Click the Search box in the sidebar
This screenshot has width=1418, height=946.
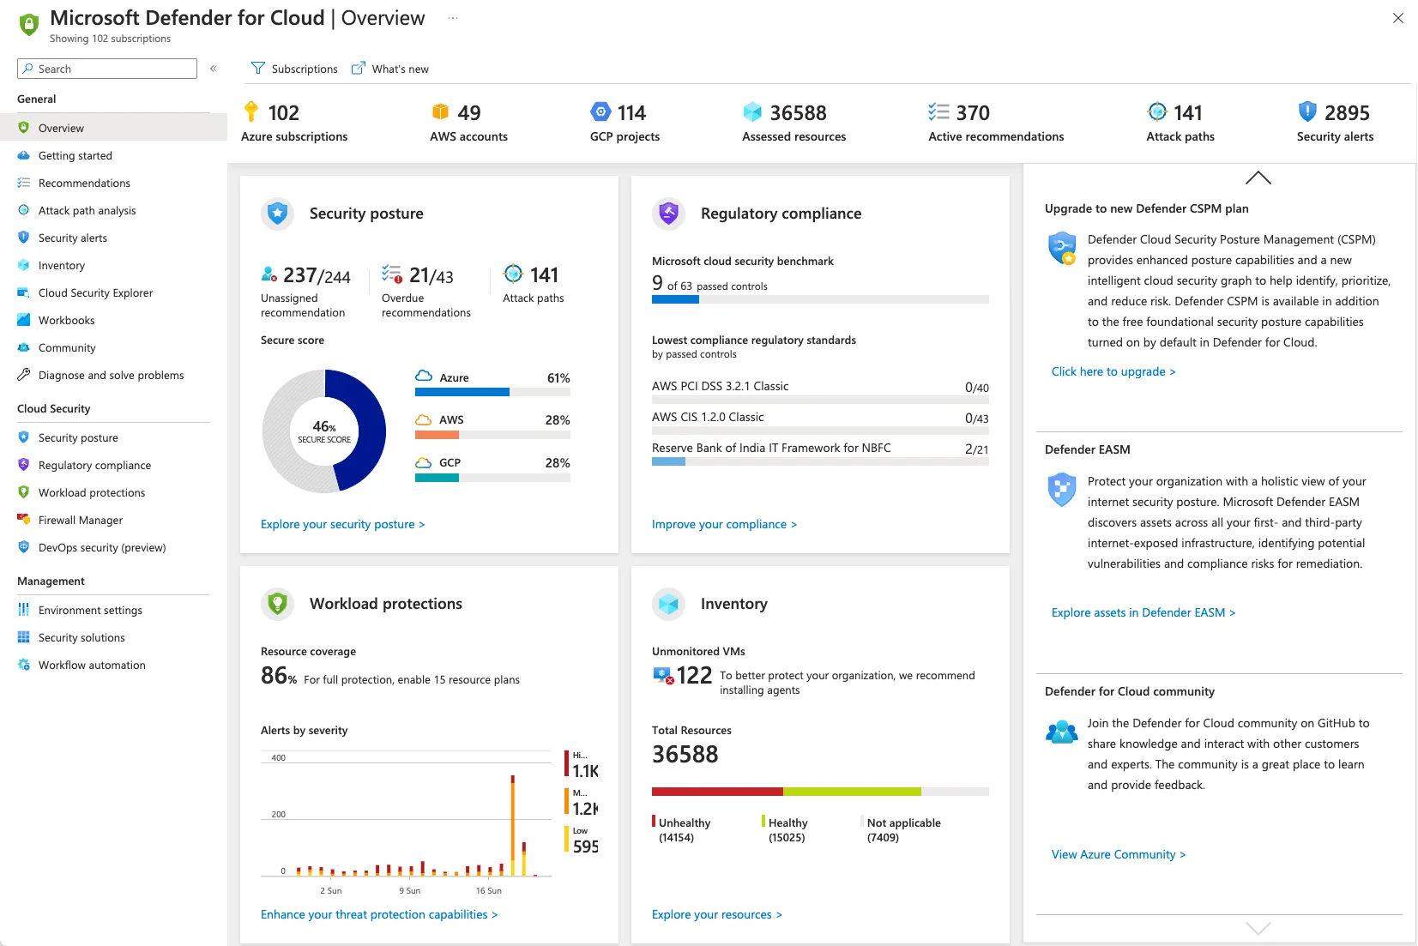pyautogui.click(x=107, y=69)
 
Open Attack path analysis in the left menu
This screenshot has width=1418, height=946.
pyautogui.click(x=87, y=210)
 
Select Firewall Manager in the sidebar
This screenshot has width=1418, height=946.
pyautogui.click(x=80, y=520)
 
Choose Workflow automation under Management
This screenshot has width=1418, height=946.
pyautogui.click(x=91, y=665)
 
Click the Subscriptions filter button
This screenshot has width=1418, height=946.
pyautogui.click(x=294, y=69)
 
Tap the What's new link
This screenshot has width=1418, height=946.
pyautogui.click(x=390, y=69)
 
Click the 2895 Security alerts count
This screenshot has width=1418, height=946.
pyautogui.click(x=1346, y=113)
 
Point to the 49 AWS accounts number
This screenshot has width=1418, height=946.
pyautogui.click(x=468, y=113)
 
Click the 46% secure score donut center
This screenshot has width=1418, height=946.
pyautogui.click(x=324, y=431)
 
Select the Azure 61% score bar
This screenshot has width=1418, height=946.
pyautogui.click(x=492, y=392)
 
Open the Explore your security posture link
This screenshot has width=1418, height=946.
pyautogui.click(x=342, y=524)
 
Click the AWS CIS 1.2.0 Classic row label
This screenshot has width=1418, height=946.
pyautogui.click(x=708, y=417)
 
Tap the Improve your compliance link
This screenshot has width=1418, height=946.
pyautogui.click(x=724, y=524)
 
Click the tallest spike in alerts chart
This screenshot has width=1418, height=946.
pyautogui.click(x=513, y=823)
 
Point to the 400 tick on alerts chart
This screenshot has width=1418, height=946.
pyautogui.click(x=279, y=758)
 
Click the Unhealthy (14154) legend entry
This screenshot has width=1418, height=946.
pyautogui.click(x=684, y=829)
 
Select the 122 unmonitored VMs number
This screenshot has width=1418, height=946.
pyautogui.click(x=694, y=676)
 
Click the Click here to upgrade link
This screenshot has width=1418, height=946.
pyautogui.click(x=1113, y=371)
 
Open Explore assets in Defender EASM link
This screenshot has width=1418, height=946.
pyautogui.click(x=1143, y=612)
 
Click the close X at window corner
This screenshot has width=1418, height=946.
pyautogui.click(x=1397, y=18)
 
